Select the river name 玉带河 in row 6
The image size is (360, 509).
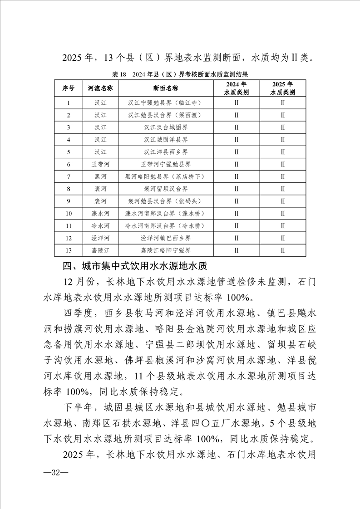pyautogui.click(x=100, y=164)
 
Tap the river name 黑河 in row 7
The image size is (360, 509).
pyautogui.click(x=100, y=176)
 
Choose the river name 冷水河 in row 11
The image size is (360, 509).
pyautogui.click(x=100, y=225)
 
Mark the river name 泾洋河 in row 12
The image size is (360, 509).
pyautogui.click(x=100, y=238)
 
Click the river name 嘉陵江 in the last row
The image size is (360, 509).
pyautogui.click(x=100, y=250)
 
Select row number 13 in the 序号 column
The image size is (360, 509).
pyautogui.click(x=68, y=250)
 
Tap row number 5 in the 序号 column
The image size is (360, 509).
pyautogui.click(x=68, y=152)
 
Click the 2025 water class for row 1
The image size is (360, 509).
pyautogui.click(x=282, y=103)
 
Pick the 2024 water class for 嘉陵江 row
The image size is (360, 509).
pyautogui.click(x=236, y=250)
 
